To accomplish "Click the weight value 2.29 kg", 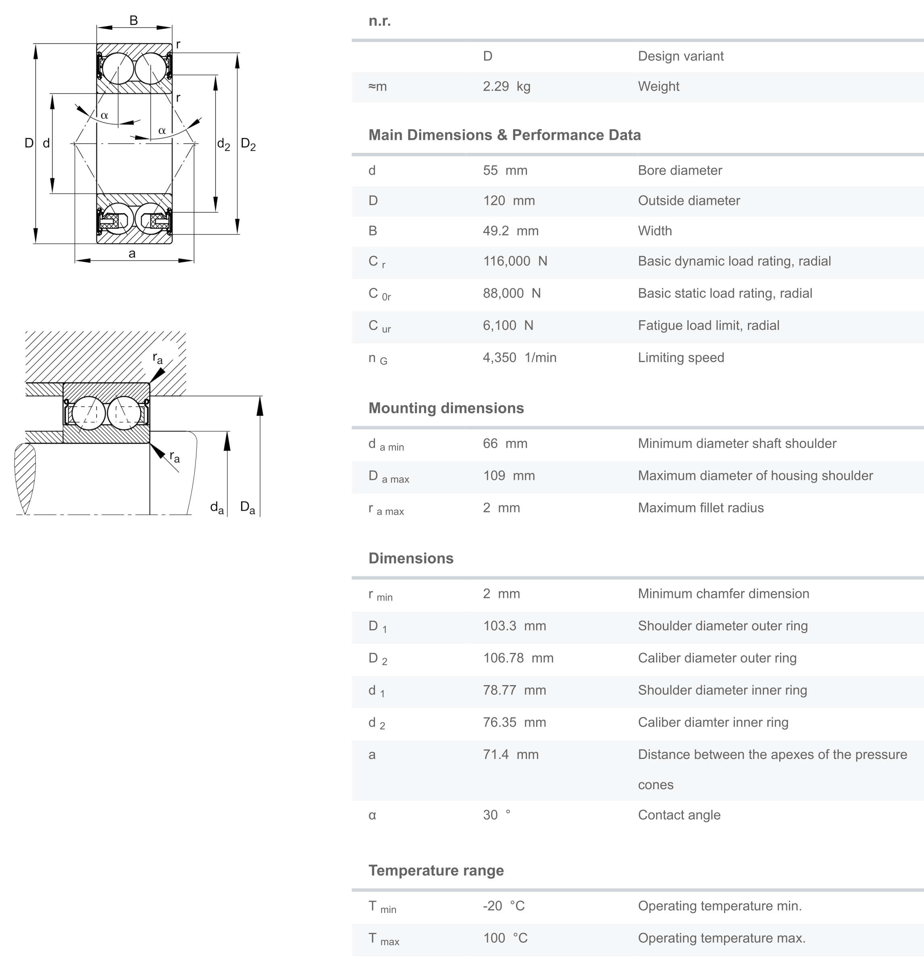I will point(506,86).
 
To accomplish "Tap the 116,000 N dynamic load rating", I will point(514,261).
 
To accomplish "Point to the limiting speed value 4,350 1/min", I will point(519,358).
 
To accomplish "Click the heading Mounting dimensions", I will point(445,408).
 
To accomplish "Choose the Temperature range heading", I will point(436,871).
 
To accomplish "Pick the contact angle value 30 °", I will point(496,815).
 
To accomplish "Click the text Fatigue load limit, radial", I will point(708,325).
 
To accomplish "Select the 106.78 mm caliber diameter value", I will point(518,658).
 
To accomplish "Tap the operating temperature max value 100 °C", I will point(505,938).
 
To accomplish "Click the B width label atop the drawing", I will point(133,21).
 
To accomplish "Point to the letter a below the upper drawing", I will point(132,254).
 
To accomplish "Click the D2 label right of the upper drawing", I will point(248,144).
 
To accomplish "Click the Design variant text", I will point(681,56).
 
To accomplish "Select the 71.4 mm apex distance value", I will point(510,755).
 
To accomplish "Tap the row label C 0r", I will point(379,294).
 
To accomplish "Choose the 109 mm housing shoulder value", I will point(508,475).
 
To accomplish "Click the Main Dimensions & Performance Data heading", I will point(504,135).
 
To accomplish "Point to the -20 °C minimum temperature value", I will point(504,906).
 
